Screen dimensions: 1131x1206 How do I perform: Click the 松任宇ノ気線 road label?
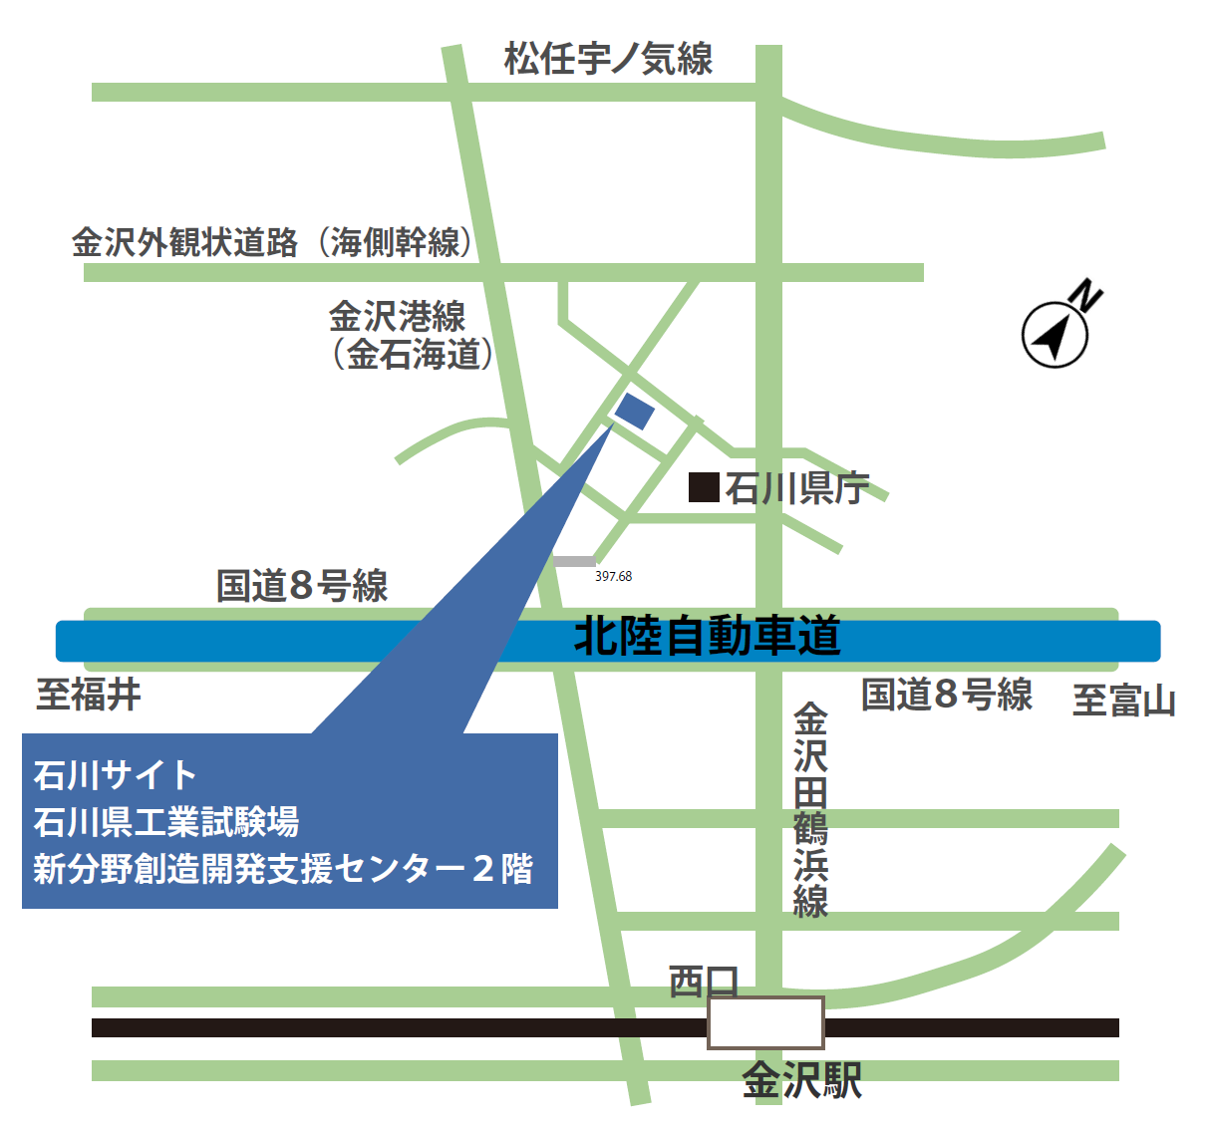(608, 60)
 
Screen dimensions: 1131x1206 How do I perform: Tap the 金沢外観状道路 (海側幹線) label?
(272, 242)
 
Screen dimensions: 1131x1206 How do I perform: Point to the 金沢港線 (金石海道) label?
(411, 336)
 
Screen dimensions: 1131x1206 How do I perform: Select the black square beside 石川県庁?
(705, 487)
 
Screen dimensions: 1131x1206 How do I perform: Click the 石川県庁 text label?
(796, 488)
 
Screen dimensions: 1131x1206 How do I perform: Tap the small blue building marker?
(635, 410)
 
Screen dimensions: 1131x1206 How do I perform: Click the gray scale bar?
(574, 562)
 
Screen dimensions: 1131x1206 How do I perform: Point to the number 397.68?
(614, 577)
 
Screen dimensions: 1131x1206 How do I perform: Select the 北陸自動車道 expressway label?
(708, 637)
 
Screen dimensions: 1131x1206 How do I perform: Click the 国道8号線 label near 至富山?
(947, 695)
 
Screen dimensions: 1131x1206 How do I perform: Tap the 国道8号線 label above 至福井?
(302, 586)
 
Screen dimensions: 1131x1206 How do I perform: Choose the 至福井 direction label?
(89, 695)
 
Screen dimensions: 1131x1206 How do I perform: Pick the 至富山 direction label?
(1123, 701)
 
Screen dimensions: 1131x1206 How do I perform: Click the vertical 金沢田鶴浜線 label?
(810, 809)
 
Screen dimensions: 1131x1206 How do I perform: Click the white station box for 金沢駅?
(765, 1023)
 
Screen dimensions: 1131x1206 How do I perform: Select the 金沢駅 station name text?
(802, 1081)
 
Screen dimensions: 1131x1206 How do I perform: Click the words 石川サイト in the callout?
(116, 774)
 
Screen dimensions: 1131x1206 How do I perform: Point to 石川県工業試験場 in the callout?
(166, 822)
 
